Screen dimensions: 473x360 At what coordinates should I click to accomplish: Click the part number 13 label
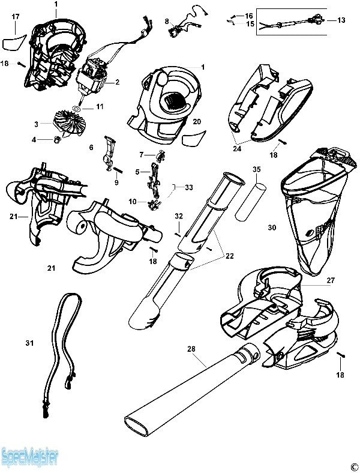(x=341, y=20)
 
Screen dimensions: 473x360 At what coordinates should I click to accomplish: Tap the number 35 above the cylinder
(x=256, y=170)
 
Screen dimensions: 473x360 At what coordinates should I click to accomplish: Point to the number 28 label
(x=191, y=348)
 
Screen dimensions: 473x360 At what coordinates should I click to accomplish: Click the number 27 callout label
(x=330, y=280)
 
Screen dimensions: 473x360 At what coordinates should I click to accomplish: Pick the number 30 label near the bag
(x=272, y=227)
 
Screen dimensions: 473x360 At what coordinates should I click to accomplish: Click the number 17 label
(x=16, y=17)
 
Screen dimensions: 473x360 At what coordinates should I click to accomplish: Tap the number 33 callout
(x=189, y=187)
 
